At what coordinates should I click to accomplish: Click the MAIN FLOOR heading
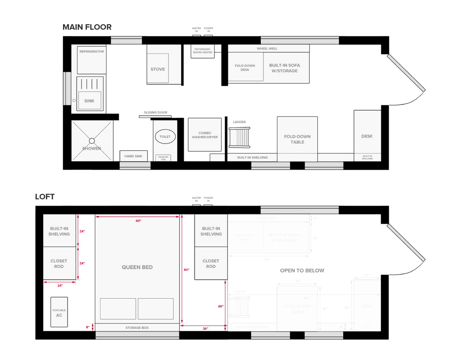click(87, 27)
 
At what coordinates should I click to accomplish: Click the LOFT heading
click(45, 197)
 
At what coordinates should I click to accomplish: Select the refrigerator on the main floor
click(92, 59)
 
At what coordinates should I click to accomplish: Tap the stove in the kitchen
click(157, 69)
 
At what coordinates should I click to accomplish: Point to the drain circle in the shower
click(92, 140)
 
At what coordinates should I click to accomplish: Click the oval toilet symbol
click(166, 136)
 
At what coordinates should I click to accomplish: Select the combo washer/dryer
click(205, 135)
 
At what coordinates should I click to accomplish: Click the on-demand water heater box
click(202, 51)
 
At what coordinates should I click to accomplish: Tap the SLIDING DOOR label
click(155, 112)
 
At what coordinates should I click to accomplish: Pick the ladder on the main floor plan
click(239, 137)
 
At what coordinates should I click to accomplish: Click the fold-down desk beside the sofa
click(245, 67)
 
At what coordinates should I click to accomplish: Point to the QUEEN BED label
click(137, 267)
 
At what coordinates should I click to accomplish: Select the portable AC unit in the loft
click(59, 312)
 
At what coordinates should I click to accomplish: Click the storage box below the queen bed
click(137, 328)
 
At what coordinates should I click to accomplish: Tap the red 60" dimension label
click(138, 221)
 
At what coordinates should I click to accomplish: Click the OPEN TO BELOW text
click(302, 270)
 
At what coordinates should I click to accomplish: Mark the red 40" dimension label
click(220, 306)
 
